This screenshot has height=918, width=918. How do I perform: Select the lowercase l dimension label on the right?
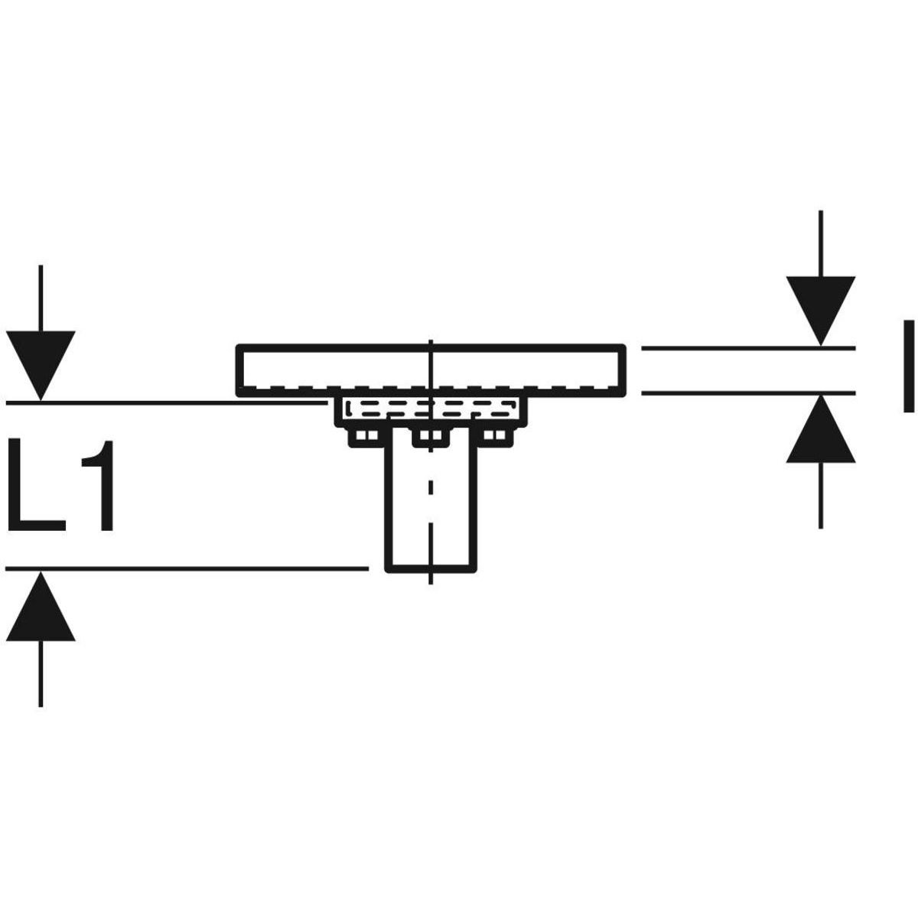coord(907,366)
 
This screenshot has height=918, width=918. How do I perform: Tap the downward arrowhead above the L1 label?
coord(41,363)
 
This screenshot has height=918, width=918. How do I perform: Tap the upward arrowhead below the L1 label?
coord(41,607)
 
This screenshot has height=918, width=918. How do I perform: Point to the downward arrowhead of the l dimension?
coord(821,309)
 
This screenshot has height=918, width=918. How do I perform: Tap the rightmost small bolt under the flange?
coord(497,437)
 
